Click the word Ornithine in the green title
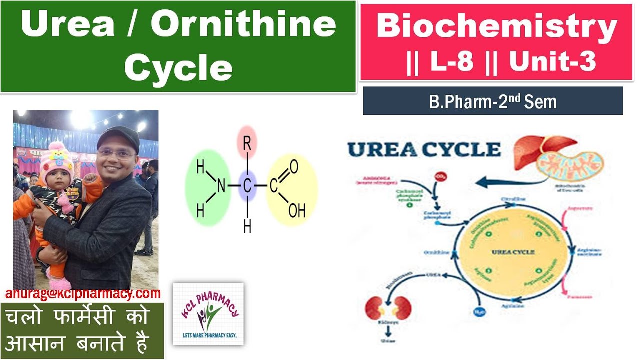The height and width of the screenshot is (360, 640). pyautogui.click(x=243, y=25)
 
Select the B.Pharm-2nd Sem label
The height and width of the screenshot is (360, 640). pyautogui.click(x=492, y=102)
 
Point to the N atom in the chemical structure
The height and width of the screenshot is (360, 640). pyautogui.click(x=221, y=186)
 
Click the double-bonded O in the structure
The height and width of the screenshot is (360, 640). pyautogui.click(x=294, y=167)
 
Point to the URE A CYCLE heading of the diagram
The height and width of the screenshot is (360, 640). pyautogui.click(x=424, y=149)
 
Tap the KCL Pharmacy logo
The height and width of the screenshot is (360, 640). pyautogui.click(x=208, y=314)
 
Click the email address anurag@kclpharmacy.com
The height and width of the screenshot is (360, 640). pyautogui.click(x=83, y=294)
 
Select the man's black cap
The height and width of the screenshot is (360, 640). pyautogui.click(x=118, y=137)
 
